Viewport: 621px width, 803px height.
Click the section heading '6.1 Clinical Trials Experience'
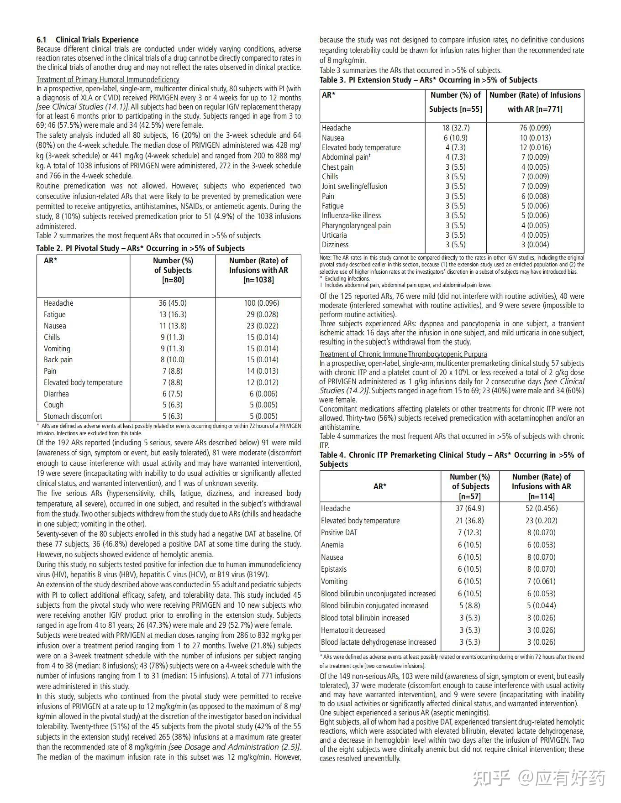point(88,40)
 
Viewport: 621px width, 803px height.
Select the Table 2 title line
point(141,248)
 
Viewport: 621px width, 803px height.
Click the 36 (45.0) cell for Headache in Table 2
point(173,303)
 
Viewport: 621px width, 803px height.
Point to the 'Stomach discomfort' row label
point(73,416)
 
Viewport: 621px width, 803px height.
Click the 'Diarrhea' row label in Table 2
point(56,394)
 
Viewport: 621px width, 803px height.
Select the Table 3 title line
point(428,80)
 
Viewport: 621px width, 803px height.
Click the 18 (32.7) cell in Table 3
point(455,128)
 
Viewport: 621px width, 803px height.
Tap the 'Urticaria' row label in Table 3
point(334,235)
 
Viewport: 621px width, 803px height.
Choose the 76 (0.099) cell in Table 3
point(535,128)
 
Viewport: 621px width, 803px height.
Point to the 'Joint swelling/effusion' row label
point(354,186)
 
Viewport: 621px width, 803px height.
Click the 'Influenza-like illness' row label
point(351,215)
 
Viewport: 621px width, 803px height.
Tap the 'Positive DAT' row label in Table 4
point(339,532)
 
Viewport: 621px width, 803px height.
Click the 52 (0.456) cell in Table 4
point(541,508)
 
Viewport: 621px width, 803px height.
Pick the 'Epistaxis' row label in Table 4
point(334,569)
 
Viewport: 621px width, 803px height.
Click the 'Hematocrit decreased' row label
point(353,630)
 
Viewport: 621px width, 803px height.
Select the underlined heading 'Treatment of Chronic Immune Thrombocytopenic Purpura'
point(403,354)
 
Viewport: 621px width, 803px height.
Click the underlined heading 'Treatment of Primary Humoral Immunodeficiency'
point(108,79)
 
